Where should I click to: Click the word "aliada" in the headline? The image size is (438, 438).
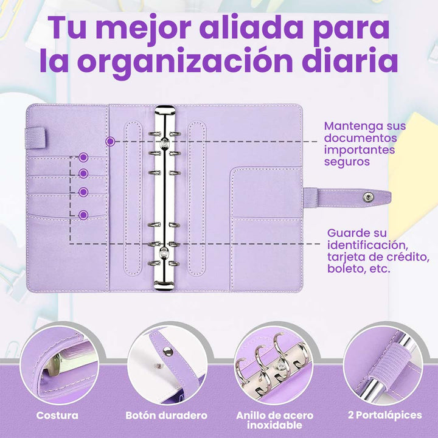click(251, 27)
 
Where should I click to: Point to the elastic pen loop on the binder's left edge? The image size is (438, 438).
click(35, 137)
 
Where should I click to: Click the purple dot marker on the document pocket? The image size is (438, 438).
click(110, 142)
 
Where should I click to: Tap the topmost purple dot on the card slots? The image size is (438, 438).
click(83, 158)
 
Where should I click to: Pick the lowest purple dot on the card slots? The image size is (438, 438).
click(83, 215)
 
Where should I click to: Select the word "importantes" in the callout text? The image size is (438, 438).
click(360, 150)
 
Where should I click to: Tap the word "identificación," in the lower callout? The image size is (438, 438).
click(366, 245)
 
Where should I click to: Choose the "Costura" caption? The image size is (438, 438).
click(57, 415)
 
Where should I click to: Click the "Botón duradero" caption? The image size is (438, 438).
click(167, 415)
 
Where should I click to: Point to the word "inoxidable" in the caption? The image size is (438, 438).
click(274, 425)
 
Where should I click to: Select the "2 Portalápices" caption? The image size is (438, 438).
click(385, 415)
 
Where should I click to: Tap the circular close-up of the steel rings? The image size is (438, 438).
click(274, 366)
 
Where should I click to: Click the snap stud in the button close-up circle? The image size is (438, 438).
click(168, 351)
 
